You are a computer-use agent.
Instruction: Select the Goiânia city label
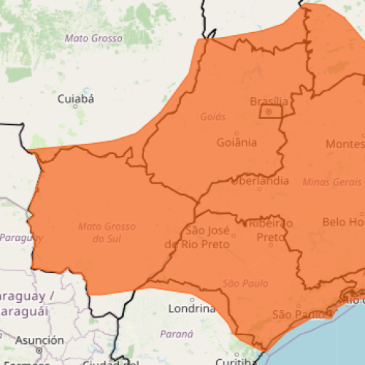click(x=237, y=142)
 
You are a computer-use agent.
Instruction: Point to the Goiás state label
click(x=212, y=116)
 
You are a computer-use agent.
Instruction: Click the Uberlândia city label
click(x=259, y=181)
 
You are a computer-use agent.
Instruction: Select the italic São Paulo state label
click(x=245, y=283)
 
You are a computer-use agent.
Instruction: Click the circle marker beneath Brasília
click(x=269, y=112)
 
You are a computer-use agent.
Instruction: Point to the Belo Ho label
click(x=342, y=221)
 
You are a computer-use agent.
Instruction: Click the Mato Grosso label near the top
click(x=93, y=38)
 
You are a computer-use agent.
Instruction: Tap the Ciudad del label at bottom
click(x=109, y=361)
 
